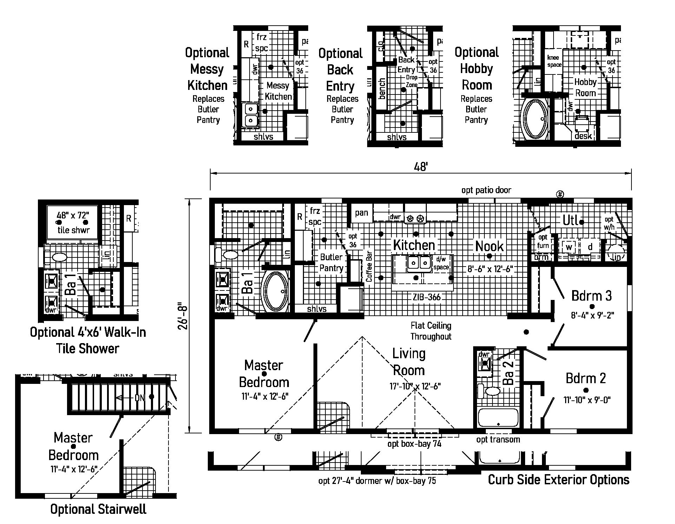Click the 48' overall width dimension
[x=421, y=166]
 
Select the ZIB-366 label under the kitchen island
[x=426, y=297]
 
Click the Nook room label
[x=489, y=246]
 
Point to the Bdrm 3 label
[x=591, y=296]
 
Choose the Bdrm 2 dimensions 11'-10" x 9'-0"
[x=587, y=400]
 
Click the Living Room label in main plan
[x=409, y=362]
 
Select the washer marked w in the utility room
[x=569, y=247]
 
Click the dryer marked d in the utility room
[x=590, y=247]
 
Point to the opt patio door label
[x=486, y=190]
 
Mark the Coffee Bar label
[x=369, y=266]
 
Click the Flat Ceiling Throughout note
[x=431, y=331]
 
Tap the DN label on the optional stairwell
[x=140, y=398]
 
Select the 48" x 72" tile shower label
[x=73, y=222]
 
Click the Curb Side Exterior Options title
[x=558, y=480]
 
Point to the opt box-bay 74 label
[x=414, y=444]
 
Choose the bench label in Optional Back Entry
[x=382, y=89]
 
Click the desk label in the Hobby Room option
[x=583, y=136]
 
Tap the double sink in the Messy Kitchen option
[x=250, y=114]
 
